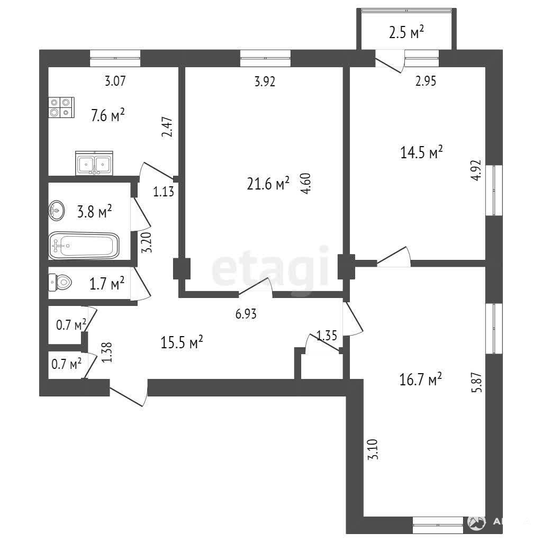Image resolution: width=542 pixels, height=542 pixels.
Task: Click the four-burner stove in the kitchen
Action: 61,107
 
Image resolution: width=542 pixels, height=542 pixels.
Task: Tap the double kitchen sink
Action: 94,163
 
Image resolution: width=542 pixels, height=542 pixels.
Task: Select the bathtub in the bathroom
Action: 84,246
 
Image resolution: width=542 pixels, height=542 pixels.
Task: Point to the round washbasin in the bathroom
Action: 56,210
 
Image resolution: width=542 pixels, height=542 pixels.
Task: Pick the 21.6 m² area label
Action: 268,184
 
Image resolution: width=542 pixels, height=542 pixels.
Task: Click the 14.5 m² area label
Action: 421,152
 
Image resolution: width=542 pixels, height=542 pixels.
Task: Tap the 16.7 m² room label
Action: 420,379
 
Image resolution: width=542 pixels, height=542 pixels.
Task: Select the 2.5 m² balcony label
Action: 406,33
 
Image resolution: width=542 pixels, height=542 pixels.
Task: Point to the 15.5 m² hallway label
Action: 182,342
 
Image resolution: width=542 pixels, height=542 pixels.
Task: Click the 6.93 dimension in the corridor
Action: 246,314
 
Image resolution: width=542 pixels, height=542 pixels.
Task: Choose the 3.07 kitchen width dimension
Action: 115,81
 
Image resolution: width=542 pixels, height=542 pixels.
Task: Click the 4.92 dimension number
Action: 476,170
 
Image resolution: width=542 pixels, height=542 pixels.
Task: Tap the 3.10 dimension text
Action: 373,449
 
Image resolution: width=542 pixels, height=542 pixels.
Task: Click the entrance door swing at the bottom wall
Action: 129,393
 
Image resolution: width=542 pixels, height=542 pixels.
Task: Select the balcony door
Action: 390,61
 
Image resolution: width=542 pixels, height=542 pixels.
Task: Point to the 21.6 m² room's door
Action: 256,287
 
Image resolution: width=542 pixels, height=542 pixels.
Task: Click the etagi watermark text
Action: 269,268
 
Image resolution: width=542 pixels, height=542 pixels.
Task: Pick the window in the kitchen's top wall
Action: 115,58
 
